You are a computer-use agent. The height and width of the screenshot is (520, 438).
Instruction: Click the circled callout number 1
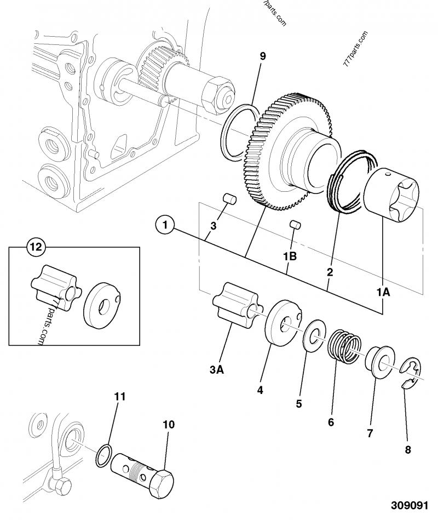165,225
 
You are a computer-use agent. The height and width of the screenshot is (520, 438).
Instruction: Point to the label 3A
217,370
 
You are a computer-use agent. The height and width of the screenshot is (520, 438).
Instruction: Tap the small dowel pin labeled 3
229,199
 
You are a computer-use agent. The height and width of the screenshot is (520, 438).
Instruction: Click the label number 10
169,425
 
